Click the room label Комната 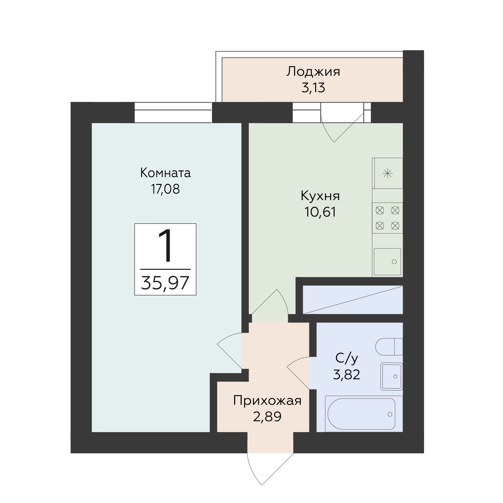[165, 173]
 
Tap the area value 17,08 [165, 189]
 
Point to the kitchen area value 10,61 [320, 212]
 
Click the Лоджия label [313, 72]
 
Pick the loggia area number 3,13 [313, 88]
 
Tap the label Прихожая [267, 401]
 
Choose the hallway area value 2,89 [267, 417]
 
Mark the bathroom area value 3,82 [347, 375]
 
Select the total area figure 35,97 [165, 283]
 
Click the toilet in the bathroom [389, 347]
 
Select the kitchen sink [387, 262]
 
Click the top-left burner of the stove [380, 210]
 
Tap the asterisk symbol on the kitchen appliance [387, 173]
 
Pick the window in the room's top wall [173, 113]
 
